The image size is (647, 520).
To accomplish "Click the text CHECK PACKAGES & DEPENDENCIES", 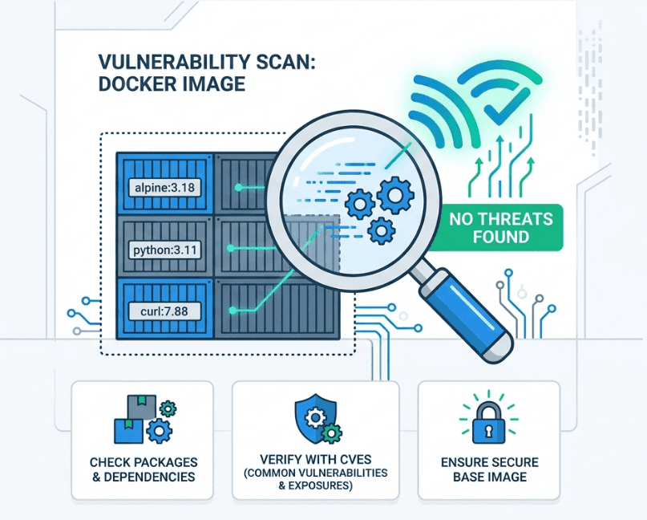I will (x=142, y=469).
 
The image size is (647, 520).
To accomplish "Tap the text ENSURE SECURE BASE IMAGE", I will (x=489, y=469).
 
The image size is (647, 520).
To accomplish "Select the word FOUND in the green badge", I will (x=501, y=237).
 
